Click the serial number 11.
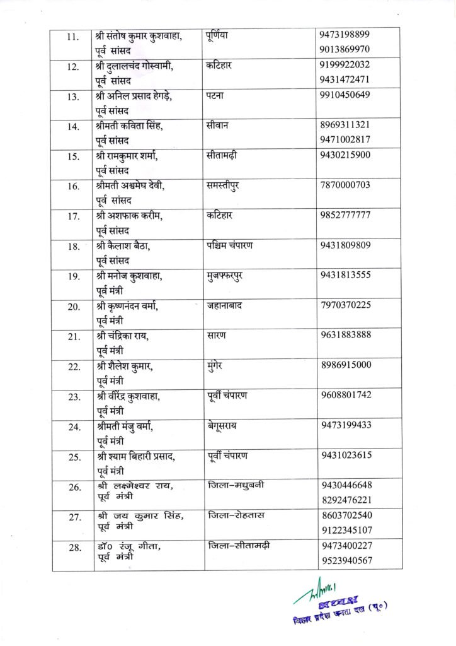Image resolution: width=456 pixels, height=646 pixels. (x=72, y=37)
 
